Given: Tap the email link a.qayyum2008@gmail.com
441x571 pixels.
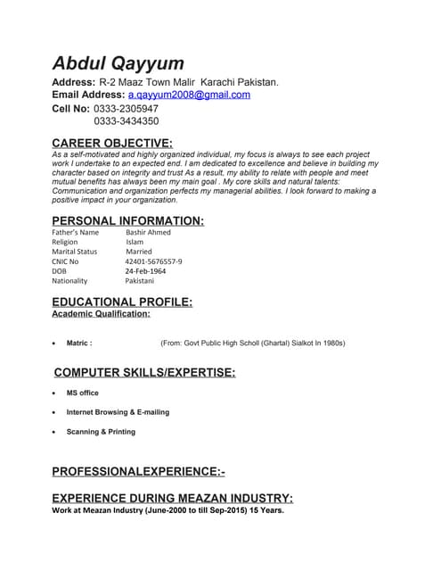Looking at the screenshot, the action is (x=189, y=95).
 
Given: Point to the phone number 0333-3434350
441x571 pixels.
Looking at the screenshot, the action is (x=126, y=121).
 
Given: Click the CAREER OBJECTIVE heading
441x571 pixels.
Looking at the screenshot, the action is (x=112, y=144).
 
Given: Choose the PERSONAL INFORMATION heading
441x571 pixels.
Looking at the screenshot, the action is (x=127, y=220).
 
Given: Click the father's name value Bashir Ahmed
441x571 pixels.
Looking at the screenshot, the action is (x=148, y=232).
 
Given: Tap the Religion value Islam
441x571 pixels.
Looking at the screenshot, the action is (x=135, y=242).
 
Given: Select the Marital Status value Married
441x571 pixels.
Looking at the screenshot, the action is (x=139, y=252).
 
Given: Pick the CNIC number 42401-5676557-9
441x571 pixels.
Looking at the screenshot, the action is (x=153, y=261).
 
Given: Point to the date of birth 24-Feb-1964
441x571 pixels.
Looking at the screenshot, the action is (x=145, y=271).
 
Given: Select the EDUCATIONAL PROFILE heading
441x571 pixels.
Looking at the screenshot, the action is (x=122, y=302).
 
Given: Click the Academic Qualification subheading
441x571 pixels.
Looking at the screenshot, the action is (x=101, y=314).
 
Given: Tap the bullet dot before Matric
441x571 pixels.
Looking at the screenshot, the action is (x=55, y=343).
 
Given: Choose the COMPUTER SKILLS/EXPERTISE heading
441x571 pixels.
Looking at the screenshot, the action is (x=145, y=372).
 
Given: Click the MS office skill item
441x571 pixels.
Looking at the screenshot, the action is (x=82, y=393).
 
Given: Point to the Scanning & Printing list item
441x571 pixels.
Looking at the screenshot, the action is (x=101, y=432).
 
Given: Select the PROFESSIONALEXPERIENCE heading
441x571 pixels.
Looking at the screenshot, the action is (x=138, y=470).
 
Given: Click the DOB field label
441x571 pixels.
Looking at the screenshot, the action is (x=60, y=271).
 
